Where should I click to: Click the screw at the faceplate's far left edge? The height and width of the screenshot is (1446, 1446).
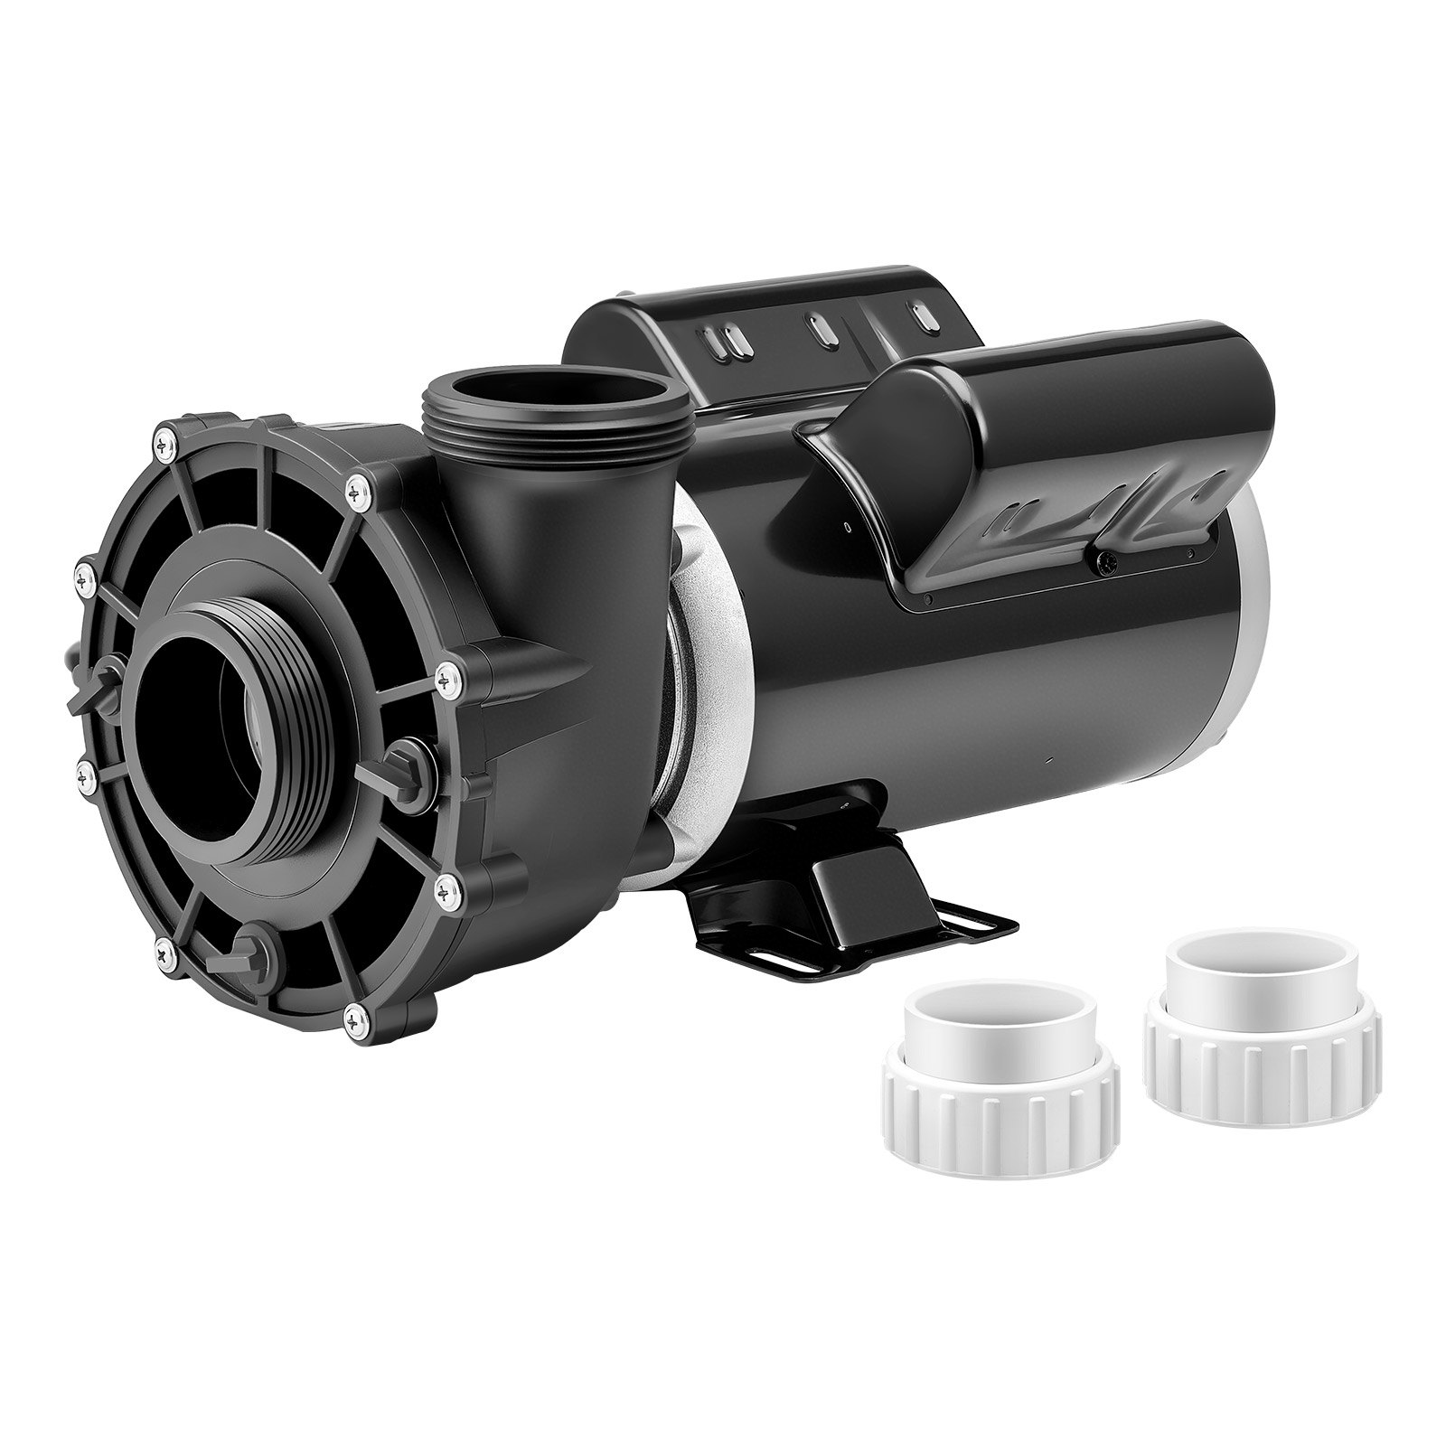(x=83, y=569)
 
